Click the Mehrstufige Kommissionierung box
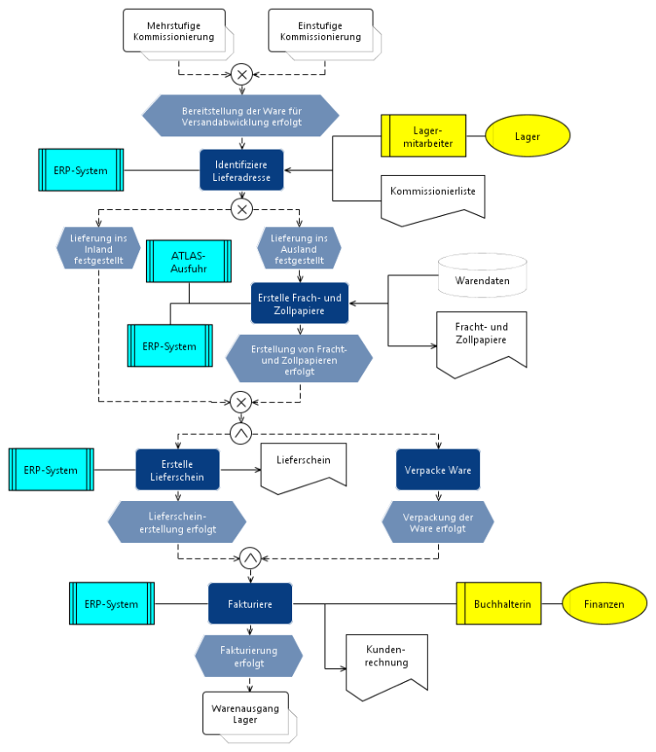pos(174,32)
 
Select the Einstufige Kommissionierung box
pos(321,32)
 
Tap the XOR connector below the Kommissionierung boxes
pos(241,74)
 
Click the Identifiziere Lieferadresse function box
pos(241,171)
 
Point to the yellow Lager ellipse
pos(527,136)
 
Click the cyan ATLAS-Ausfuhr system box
pos(188,261)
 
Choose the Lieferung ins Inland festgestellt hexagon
pos(97,248)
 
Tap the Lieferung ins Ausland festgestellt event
pos(299,248)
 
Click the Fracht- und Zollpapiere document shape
pos(482,342)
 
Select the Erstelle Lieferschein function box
pos(177,470)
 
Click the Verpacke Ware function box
pos(437,470)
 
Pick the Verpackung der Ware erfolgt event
pos(437,522)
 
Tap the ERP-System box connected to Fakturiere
pos(112,604)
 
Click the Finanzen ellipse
pos(604,604)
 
